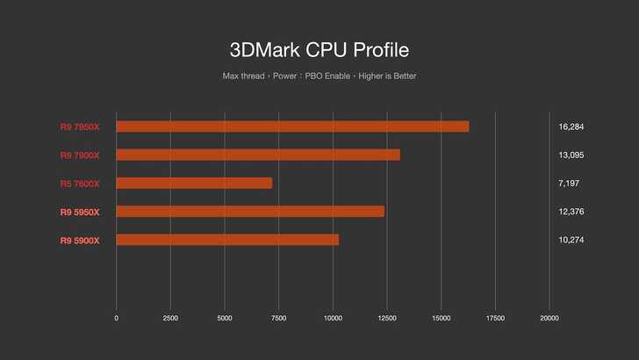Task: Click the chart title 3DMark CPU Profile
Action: [x=319, y=48]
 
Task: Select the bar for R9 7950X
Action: [x=292, y=126]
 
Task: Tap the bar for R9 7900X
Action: [x=258, y=155]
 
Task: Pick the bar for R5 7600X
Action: [x=194, y=183]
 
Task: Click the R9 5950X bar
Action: [x=250, y=212]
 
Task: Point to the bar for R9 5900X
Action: [x=227, y=240]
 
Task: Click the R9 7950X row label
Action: [x=80, y=126]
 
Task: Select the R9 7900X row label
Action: [x=80, y=155]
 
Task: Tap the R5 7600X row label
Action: [x=80, y=184]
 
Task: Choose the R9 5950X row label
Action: [x=80, y=212]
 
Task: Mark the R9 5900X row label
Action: [x=80, y=240]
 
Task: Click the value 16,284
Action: [x=571, y=126]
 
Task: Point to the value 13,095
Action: [x=571, y=155]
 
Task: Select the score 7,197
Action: [x=568, y=184]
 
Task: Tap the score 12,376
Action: [x=571, y=212]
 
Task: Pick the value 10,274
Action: [x=571, y=240]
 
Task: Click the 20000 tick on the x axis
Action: [x=549, y=318]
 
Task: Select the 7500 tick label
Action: [x=279, y=318]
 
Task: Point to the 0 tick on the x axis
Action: [x=117, y=318]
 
